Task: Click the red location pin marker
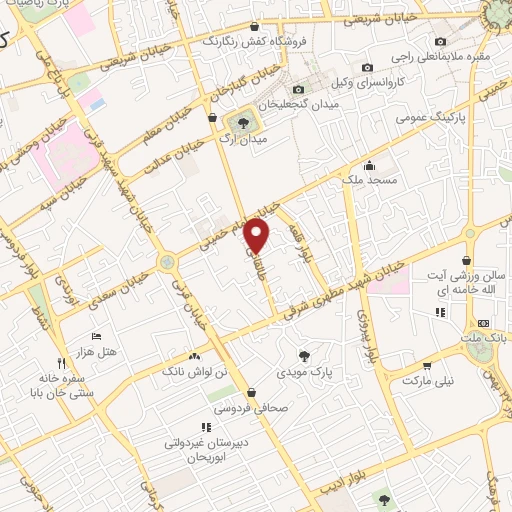pyautogui.click(x=258, y=237)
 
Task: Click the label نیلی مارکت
pyautogui.click(x=428, y=381)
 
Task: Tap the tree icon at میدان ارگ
pyautogui.click(x=240, y=122)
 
